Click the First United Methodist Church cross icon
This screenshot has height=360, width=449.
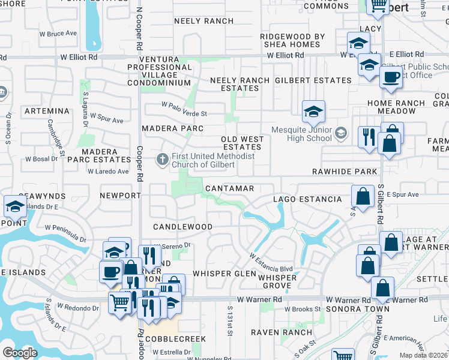161,160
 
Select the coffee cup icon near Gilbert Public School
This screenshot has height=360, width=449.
391,78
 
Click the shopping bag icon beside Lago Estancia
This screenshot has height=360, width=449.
363,196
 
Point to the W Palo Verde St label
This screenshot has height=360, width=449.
184,113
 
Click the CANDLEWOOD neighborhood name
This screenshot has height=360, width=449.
182,227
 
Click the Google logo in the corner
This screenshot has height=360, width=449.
20,352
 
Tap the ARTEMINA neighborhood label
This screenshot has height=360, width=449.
47,112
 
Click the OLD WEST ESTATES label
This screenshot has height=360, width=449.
242,143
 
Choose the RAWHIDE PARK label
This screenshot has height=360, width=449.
345,172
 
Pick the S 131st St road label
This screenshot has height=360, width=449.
230,323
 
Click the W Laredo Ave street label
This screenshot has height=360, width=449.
108,172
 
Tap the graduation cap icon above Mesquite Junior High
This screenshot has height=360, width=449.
313,112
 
